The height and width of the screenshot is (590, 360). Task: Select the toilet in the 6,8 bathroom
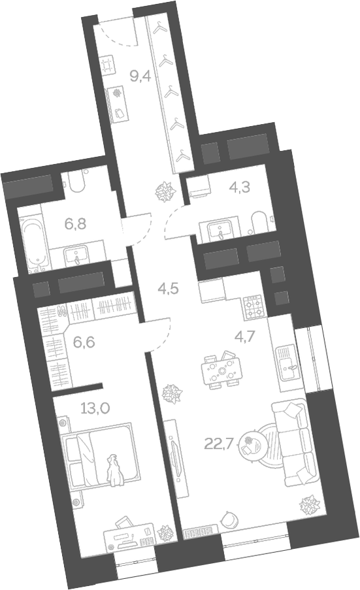coord(79,182)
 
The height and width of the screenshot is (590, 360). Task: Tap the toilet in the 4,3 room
coord(257,224)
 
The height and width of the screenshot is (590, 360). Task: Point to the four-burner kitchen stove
coord(252,305)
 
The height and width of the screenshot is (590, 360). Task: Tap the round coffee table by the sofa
coord(252,448)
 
